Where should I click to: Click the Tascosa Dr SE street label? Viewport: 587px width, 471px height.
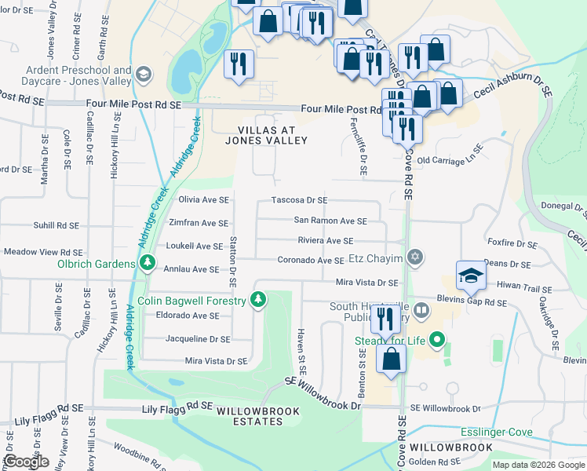pos(299,201)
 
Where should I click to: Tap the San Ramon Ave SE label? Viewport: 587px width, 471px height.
pos(330,221)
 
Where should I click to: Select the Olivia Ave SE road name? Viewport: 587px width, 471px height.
pos(204,201)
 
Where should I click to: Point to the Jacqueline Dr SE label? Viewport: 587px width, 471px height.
pos(198,339)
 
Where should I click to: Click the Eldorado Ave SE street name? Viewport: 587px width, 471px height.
pos(187,316)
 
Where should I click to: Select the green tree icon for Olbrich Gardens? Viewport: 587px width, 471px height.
pos(147,264)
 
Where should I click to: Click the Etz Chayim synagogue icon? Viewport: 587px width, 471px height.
pos(416,258)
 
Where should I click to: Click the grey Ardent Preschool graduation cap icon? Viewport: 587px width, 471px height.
pos(143,75)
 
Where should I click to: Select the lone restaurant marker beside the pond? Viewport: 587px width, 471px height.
pos(239,64)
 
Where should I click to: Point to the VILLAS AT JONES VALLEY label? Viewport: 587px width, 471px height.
pos(265,135)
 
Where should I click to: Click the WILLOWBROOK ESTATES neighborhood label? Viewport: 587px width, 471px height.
pos(250,416)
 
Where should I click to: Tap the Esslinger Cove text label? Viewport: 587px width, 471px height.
pos(497,432)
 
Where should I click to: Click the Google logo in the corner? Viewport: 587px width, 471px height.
pos(27,462)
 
